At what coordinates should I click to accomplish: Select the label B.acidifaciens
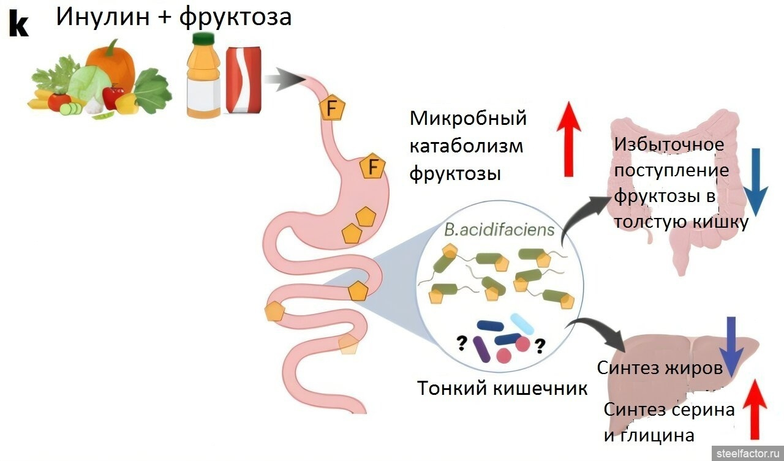pos(499,230)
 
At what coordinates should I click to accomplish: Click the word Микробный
pos(468,118)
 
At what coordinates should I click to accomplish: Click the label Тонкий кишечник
pos(502,388)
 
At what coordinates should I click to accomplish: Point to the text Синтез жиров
pos(659,368)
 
